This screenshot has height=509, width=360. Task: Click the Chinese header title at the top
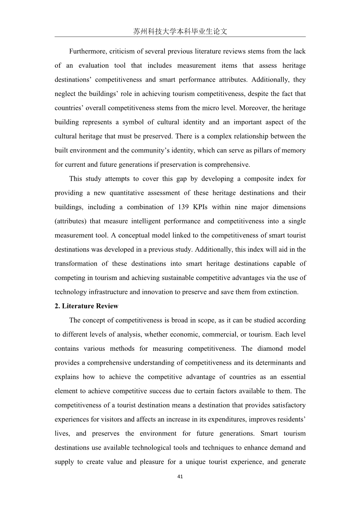click(180, 31)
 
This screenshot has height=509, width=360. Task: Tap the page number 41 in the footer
click(180, 477)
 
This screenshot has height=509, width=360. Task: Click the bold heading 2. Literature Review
click(86, 306)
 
